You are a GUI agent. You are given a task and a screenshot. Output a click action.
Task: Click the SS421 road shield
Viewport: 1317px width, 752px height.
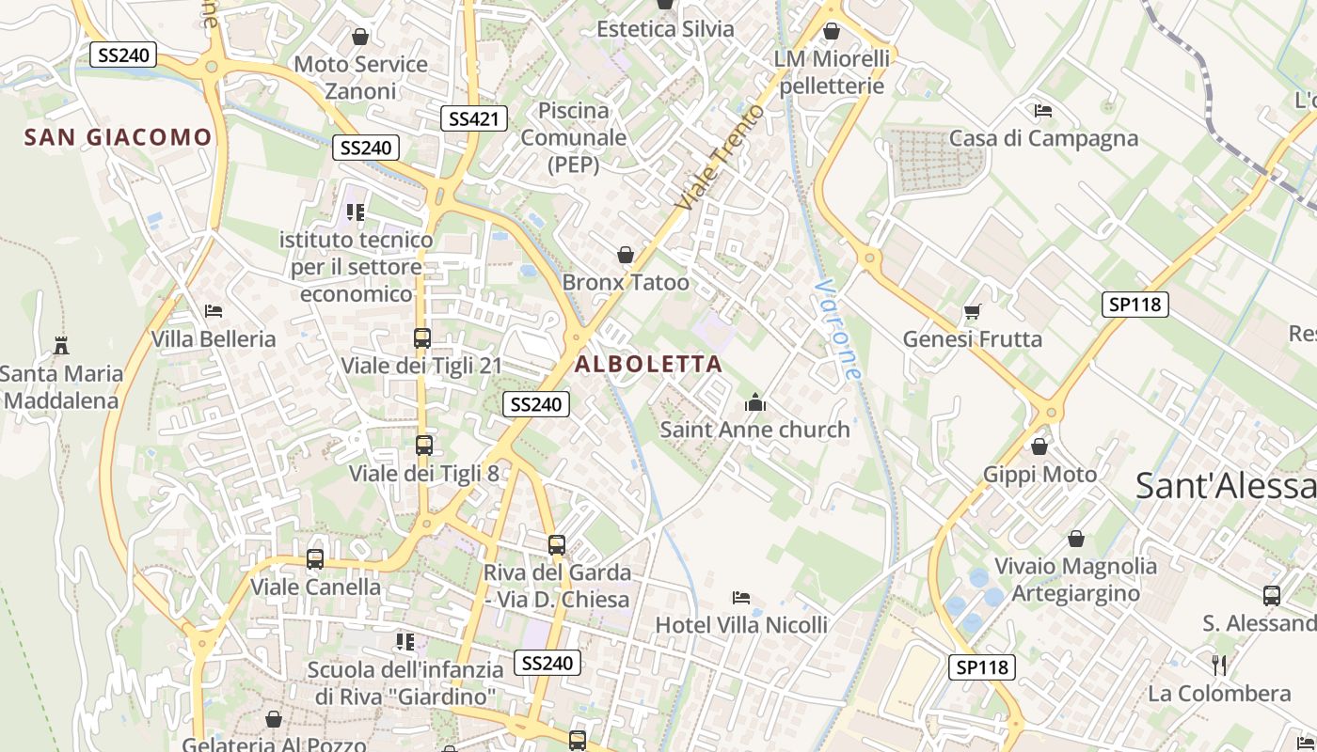pyautogui.click(x=474, y=118)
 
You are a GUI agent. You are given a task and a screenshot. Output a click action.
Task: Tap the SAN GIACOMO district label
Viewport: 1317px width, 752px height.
pyautogui.click(x=119, y=137)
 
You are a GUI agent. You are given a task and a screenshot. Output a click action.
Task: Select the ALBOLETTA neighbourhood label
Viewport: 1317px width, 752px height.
pyautogui.click(x=649, y=364)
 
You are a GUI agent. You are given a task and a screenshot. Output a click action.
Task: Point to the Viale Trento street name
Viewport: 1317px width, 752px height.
pyautogui.click(x=722, y=157)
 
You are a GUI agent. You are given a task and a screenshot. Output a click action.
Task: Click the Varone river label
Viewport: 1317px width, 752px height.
pyautogui.click(x=838, y=329)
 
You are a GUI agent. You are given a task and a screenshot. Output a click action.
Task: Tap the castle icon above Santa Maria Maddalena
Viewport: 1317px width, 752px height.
pyautogui.click(x=61, y=345)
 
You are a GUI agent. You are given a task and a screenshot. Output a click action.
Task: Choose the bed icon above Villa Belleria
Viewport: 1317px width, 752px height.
pyautogui.click(x=214, y=310)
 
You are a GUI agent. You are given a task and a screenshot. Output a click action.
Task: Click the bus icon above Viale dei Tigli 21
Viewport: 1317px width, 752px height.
pyautogui.click(x=422, y=337)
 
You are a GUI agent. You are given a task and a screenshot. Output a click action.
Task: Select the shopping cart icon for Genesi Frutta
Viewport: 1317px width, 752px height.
pyautogui.click(x=973, y=311)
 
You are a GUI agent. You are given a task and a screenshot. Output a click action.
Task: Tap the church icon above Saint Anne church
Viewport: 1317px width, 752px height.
pyautogui.click(x=754, y=403)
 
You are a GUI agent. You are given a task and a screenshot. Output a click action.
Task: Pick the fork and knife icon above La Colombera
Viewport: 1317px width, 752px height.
pyautogui.click(x=1219, y=666)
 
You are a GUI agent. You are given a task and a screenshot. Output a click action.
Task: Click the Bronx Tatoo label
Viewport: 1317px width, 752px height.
pyautogui.click(x=626, y=282)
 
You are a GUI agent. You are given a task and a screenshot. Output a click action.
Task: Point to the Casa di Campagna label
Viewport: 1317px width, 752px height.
pyautogui.click(x=1043, y=138)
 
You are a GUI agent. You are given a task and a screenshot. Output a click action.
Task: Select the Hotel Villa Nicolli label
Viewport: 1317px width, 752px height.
pyautogui.click(x=741, y=624)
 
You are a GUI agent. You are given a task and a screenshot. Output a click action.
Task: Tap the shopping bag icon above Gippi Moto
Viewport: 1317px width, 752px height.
pyautogui.click(x=1039, y=446)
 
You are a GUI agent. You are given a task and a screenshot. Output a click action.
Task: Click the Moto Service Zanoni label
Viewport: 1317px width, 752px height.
pyautogui.click(x=361, y=77)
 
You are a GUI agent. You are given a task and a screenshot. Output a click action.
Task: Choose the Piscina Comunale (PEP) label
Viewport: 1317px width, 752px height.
pyautogui.click(x=574, y=137)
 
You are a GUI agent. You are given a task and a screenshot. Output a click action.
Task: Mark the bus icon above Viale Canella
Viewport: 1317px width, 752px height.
pyautogui.click(x=315, y=559)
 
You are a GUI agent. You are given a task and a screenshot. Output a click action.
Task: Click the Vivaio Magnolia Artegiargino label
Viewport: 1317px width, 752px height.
pyautogui.click(x=1076, y=579)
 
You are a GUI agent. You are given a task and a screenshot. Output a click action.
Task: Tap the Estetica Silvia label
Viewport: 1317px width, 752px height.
pyautogui.click(x=665, y=29)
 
